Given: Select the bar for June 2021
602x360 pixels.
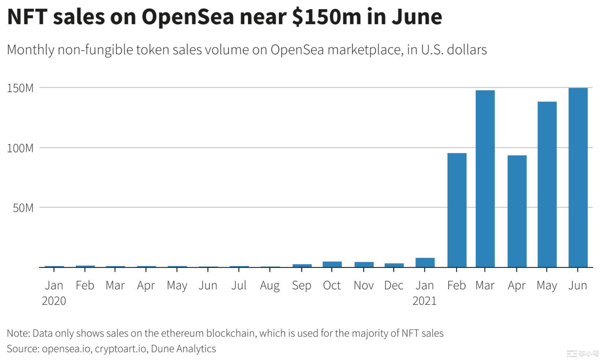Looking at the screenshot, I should click(578, 177).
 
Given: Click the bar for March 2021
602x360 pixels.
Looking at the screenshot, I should click(485, 179).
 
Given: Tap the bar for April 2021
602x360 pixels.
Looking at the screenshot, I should click(517, 211).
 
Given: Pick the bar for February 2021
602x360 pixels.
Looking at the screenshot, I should click(457, 210).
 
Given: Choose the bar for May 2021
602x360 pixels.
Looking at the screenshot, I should click(547, 184).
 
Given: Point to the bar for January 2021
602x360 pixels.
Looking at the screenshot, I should click(425, 262).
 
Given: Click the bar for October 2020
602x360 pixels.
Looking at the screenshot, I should click(332, 264).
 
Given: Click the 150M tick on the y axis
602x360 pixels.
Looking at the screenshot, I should click(20, 88).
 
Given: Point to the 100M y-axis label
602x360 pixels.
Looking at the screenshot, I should click(20, 148).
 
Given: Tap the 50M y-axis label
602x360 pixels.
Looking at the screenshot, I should click(23, 208).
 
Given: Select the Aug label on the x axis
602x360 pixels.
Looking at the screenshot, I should click(270, 286).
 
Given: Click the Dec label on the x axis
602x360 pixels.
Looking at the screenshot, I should click(394, 285).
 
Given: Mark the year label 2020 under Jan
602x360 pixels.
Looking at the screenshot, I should click(54, 301).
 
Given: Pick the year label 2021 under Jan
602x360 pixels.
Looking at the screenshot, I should click(425, 301).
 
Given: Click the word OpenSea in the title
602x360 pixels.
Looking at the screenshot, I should click(188, 16).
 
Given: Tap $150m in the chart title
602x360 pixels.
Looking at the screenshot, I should click(327, 16).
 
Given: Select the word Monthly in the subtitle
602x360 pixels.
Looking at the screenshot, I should click(30, 50).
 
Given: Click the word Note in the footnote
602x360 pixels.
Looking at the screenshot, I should click(18, 333).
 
